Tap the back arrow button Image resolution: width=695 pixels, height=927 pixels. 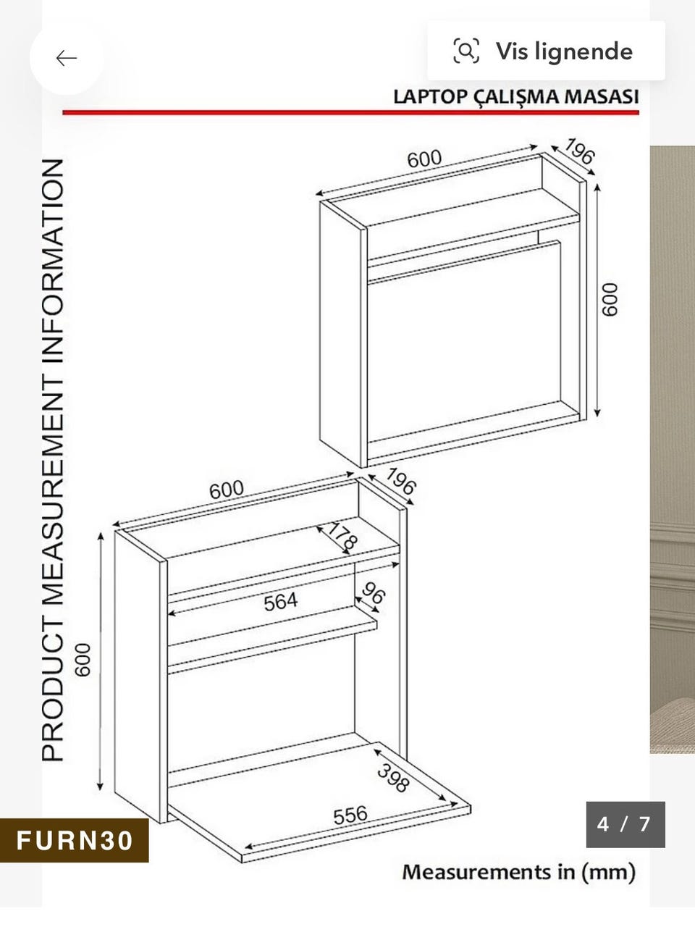coord(67,58)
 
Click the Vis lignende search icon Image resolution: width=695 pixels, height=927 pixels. coord(466,51)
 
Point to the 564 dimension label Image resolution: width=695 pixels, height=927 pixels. coord(281,601)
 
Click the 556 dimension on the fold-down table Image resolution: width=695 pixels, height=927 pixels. coord(350,815)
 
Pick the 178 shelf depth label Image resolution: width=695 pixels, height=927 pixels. coord(343,537)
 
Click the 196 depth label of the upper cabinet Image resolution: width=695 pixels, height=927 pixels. coord(580,151)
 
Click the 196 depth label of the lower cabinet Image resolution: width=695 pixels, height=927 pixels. coord(401,481)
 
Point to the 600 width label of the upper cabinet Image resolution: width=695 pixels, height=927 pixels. coord(424,159)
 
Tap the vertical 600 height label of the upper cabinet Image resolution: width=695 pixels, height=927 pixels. coord(610,299)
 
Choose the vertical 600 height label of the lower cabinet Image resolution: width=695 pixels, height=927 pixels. coord(83,660)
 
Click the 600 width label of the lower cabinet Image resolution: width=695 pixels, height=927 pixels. coord(227,490)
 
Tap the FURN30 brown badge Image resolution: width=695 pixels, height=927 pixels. coord(75,840)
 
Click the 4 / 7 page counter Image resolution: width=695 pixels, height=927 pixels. coord(625,824)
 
